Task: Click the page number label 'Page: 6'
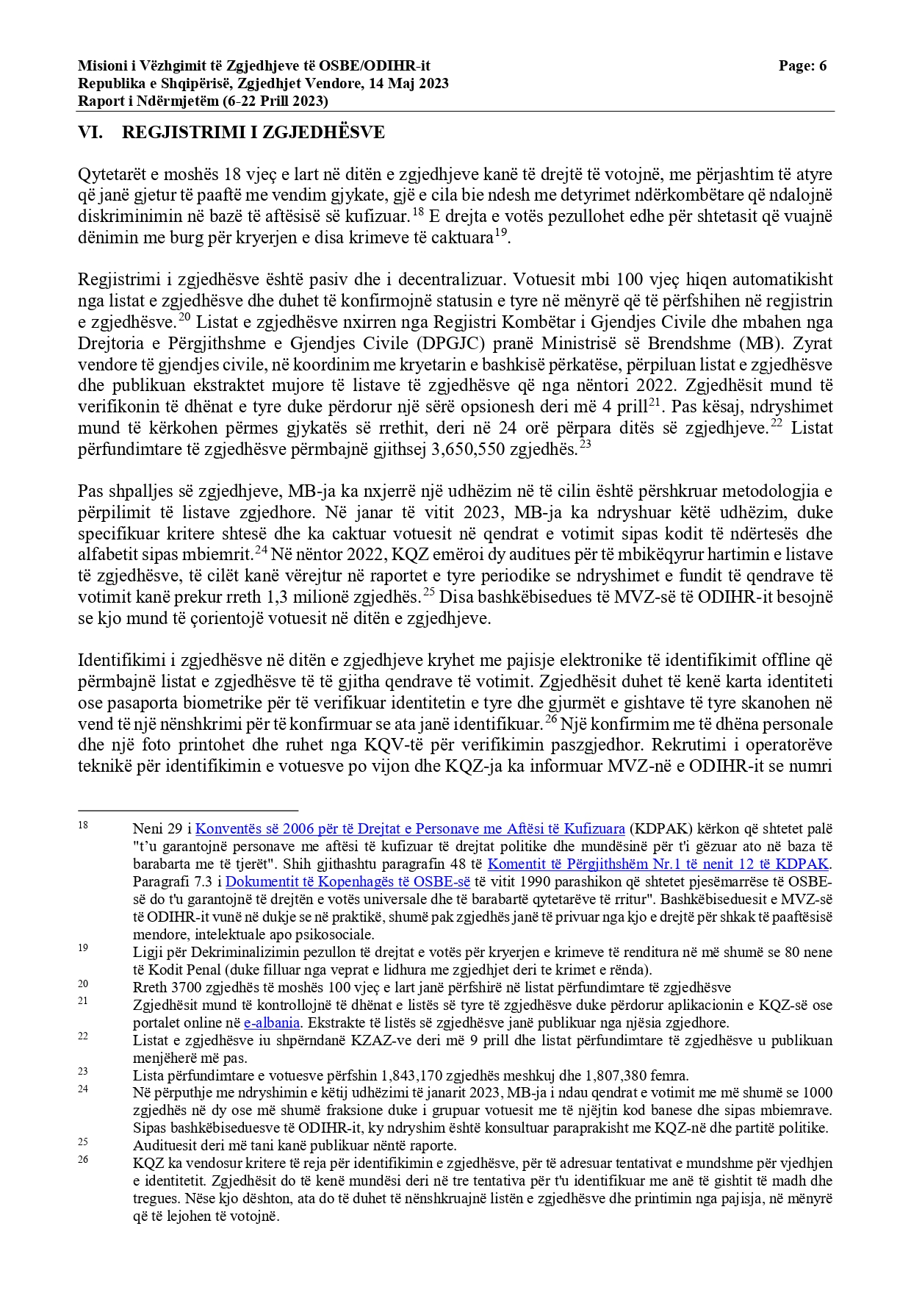click(802, 66)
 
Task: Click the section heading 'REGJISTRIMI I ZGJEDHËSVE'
click(253, 132)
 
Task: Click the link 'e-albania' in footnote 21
click(272, 1022)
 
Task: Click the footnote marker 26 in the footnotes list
click(83, 1159)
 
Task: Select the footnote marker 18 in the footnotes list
click(83, 825)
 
